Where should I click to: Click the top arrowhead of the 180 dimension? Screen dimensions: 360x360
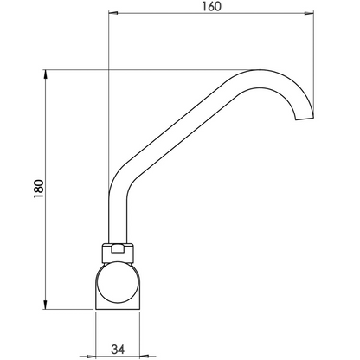click(x=46, y=74)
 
